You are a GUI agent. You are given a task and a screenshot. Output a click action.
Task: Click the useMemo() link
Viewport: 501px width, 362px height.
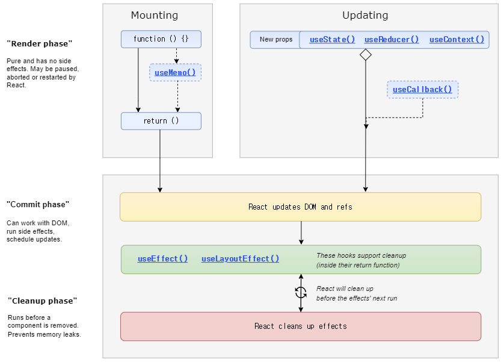point(175,73)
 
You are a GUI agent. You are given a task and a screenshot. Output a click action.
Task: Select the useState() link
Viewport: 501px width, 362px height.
point(332,40)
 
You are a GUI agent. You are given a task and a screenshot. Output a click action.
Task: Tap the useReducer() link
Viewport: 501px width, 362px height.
point(392,40)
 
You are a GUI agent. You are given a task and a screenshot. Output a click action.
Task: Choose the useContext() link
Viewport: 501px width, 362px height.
point(456,40)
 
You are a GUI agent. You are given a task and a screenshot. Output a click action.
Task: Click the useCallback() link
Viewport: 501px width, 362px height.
point(422,90)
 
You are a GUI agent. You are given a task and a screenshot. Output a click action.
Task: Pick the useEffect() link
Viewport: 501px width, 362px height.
point(162,258)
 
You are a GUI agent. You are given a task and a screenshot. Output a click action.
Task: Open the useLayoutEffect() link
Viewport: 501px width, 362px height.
point(241,258)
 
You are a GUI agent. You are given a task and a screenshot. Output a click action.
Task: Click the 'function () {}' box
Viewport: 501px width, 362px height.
point(161,39)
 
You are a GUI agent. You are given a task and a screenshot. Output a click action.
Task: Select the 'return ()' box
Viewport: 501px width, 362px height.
point(161,121)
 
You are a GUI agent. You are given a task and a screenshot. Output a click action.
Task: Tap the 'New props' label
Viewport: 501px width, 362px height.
point(276,39)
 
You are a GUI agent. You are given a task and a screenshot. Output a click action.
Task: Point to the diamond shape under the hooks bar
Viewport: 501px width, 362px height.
point(366,55)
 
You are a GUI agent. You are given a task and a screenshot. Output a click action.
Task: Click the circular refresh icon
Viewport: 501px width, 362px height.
point(301,293)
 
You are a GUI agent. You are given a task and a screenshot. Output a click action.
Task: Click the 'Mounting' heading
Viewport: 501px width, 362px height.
point(155,16)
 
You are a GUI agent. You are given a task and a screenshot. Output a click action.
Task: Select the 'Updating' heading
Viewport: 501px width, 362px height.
point(365,16)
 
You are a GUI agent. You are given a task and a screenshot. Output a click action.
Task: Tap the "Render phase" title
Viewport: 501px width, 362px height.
point(40,43)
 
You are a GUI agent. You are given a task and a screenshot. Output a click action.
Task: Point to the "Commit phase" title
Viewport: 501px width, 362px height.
point(38,205)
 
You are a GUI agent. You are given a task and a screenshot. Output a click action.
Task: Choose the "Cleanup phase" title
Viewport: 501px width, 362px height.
point(43,301)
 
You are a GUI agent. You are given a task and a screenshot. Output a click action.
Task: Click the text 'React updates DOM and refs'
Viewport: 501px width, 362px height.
point(300,207)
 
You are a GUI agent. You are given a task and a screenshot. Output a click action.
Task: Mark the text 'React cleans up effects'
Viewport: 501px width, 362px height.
point(301,326)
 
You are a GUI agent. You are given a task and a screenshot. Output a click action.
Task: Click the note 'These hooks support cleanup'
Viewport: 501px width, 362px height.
point(361,255)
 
